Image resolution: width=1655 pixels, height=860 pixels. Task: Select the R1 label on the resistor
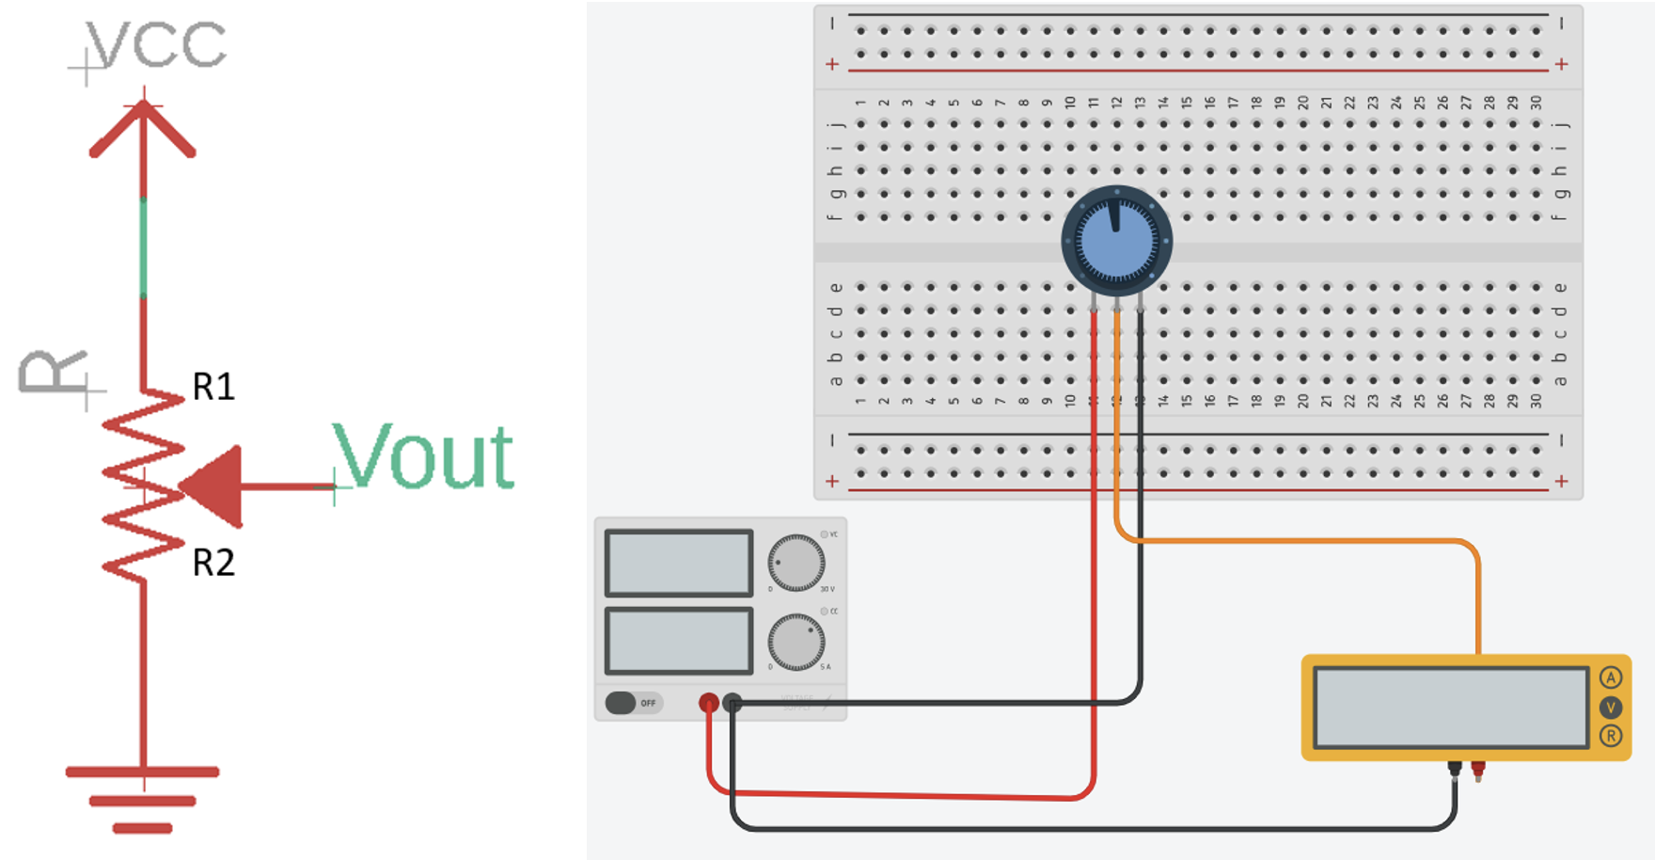coord(213,387)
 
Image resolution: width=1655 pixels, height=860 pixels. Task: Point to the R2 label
coord(213,563)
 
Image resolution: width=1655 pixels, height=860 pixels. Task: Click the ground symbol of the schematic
coord(143,800)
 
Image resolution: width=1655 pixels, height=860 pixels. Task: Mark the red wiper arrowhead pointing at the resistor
coord(213,486)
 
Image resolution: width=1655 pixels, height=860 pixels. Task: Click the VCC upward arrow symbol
coord(143,127)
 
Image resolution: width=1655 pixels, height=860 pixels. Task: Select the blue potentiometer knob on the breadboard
coord(1116,241)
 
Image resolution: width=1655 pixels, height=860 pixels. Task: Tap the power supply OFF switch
coord(633,703)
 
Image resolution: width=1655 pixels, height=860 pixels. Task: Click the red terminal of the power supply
coord(709,703)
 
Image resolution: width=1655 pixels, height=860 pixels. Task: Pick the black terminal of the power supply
coord(733,703)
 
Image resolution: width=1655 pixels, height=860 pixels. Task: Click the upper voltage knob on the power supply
coord(796,564)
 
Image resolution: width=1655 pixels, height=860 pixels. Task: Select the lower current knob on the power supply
coord(796,643)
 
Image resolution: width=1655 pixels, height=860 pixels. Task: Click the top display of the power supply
coord(679,564)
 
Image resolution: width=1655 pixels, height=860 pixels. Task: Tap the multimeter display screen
coord(1451,708)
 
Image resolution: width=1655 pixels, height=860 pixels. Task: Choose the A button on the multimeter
coord(1611,678)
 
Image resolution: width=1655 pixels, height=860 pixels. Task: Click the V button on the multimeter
coord(1611,708)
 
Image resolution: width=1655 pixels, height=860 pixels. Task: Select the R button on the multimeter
coord(1611,736)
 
